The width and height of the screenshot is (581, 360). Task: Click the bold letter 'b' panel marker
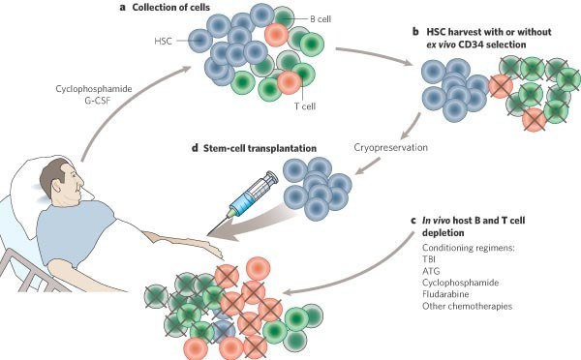coord(416,31)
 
